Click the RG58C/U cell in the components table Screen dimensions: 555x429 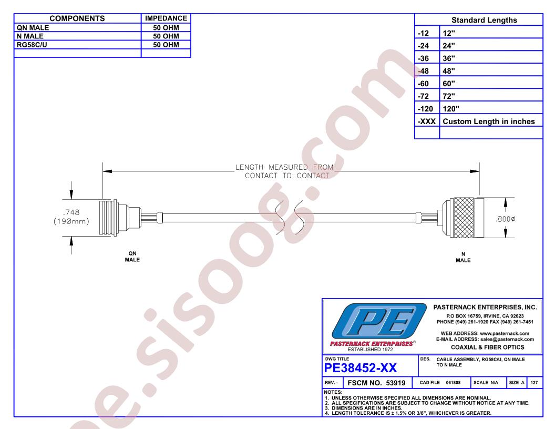tap(32, 45)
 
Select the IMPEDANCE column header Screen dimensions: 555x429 tap(166, 18)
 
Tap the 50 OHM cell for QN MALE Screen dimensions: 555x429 tap(166, 28)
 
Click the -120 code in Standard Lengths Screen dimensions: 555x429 tap(425, 109)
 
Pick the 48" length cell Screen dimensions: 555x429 tap(449, 71)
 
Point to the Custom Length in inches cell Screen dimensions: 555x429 tap(488, 121)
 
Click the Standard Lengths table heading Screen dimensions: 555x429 tap(484, 20)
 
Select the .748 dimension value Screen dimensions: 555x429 tap(71, 212)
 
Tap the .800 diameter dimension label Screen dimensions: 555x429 tap(506, 219)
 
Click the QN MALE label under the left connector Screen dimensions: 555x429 tap(132, 257)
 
